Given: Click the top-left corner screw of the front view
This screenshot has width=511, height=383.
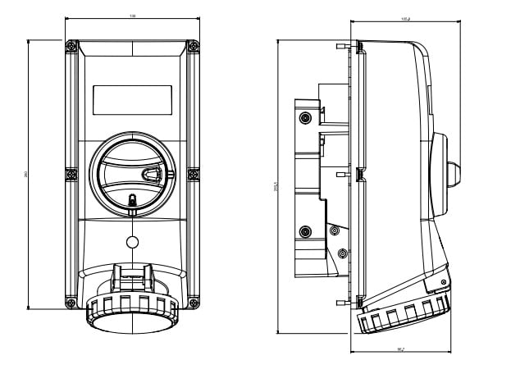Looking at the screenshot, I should pos(71,47).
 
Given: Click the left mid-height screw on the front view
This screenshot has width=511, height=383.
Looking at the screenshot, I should pos(71,174).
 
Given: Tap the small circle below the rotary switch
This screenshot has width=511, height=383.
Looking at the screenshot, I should pos(131,243).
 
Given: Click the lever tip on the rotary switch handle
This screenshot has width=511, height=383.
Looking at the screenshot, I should pos(152,174).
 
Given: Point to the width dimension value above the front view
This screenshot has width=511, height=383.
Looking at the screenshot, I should pos(132,16).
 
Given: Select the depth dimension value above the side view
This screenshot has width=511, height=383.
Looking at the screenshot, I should pos(405,17).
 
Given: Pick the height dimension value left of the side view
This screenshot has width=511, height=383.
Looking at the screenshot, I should pos(276,187).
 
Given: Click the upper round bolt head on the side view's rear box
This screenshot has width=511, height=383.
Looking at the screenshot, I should pos(306,118).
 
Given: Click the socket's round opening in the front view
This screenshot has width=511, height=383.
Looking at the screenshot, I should pos(130,321).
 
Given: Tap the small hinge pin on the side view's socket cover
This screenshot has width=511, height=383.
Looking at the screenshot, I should pos(444,283).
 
